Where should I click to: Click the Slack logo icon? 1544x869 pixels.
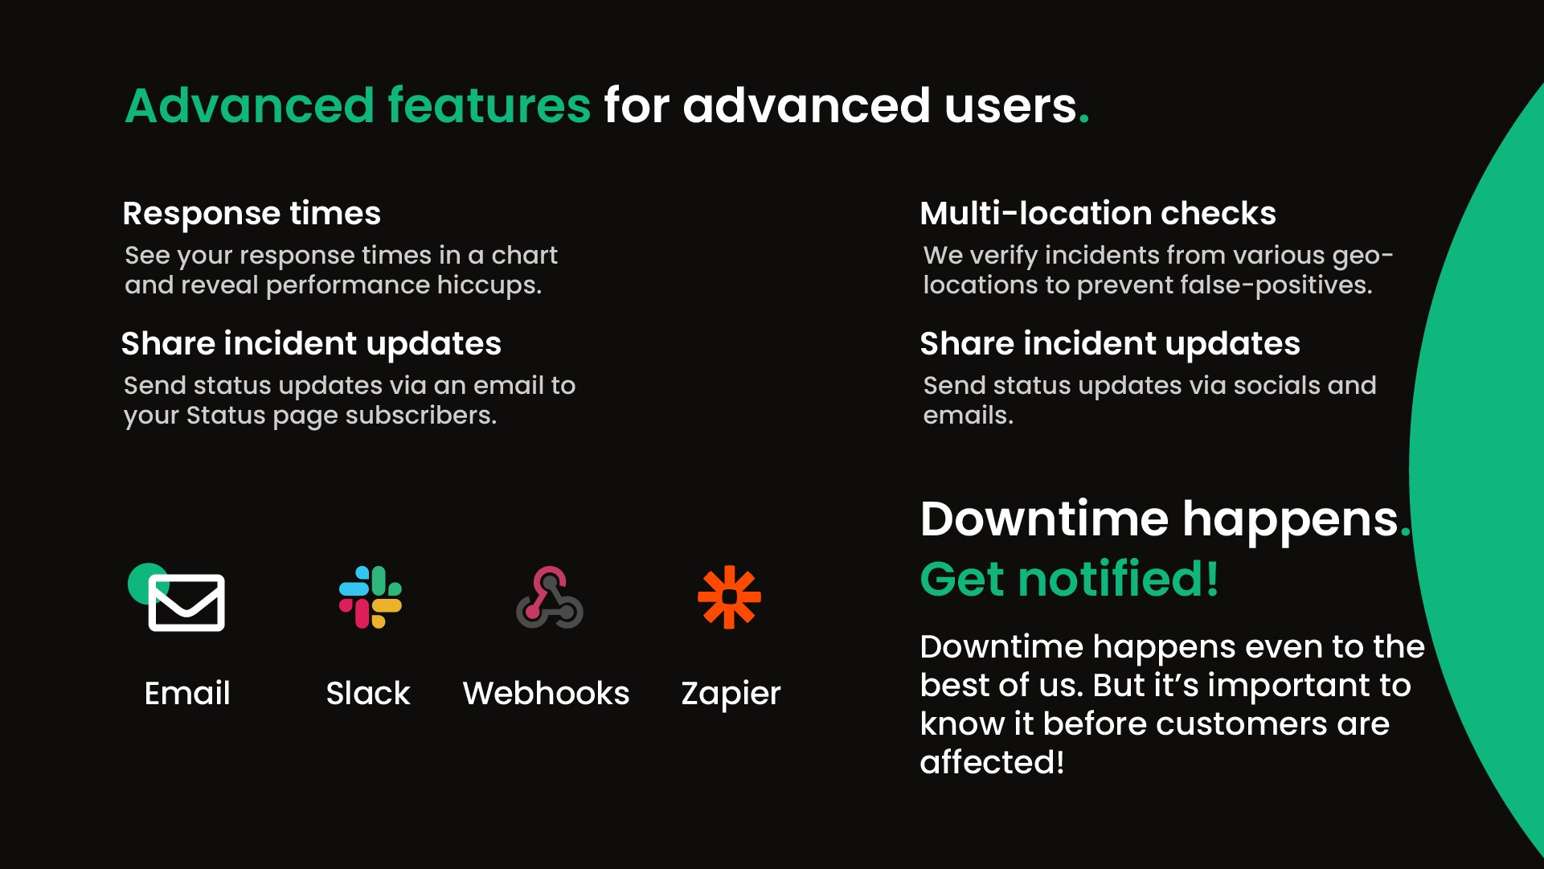(370, 597)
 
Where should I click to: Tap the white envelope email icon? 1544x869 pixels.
(186, 603)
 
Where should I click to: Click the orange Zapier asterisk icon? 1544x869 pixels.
(729, 597)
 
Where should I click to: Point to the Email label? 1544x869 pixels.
(187, 693)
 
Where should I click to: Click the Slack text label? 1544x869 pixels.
(368, 693)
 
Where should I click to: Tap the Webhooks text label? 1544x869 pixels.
(546, 693)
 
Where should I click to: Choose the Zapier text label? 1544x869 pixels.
(731, 693)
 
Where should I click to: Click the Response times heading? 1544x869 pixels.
(252, 214)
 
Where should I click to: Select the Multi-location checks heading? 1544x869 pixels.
(1098, 214)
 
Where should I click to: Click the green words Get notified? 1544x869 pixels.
(1069, 579)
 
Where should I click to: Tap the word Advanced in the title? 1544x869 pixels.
(250, 105)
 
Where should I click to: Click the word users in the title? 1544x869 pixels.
(1010, 105)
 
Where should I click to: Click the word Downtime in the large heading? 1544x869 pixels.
(1044, 519)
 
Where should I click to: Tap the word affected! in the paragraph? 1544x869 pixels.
(992, 762)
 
